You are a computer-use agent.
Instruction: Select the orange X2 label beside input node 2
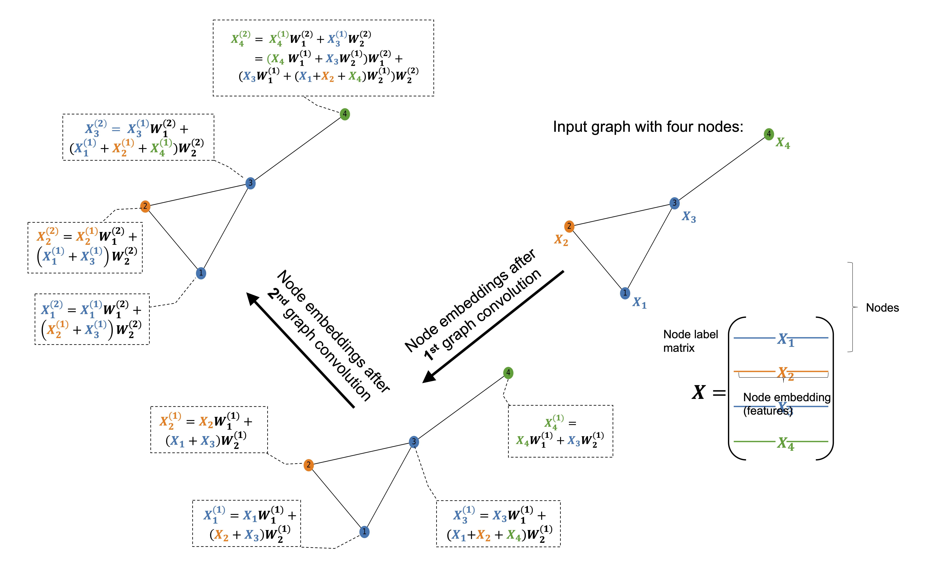click(x=561, y=240)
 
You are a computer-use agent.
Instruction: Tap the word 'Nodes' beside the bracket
click(x=882, y=308)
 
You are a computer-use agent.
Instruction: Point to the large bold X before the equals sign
click(x=699, y=392)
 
